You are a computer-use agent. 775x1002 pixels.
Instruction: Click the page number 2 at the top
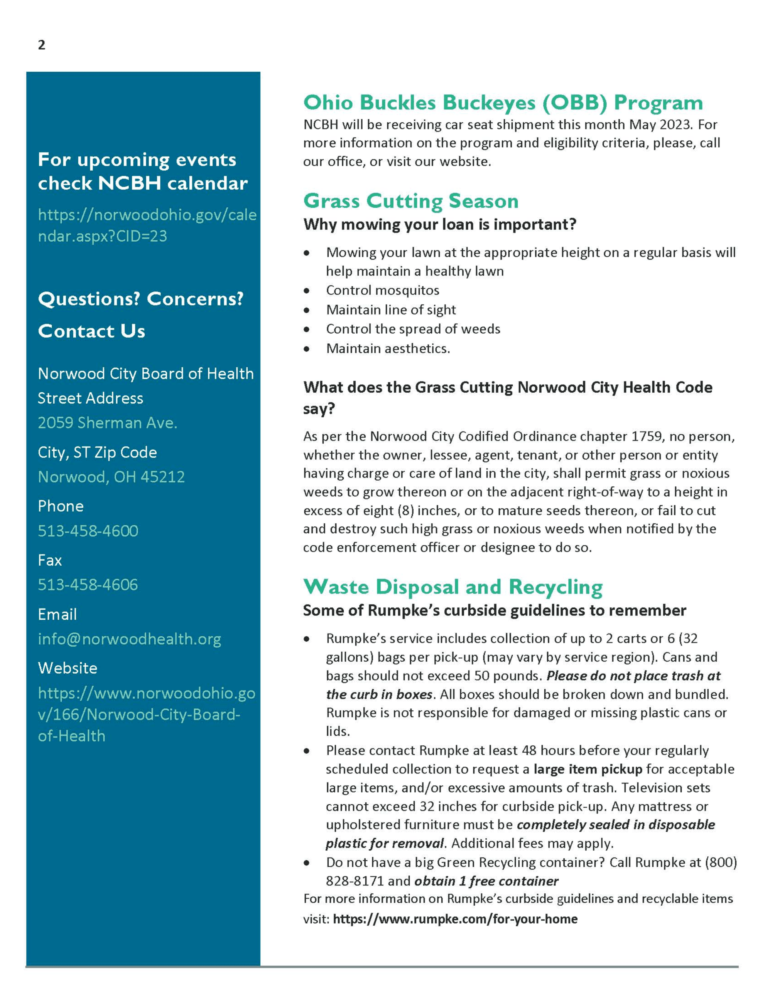[41, 45]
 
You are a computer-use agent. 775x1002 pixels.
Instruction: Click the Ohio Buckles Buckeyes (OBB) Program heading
[503, 103]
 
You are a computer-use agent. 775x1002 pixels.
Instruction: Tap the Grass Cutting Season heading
[410, 201]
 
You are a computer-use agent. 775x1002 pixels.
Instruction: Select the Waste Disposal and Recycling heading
[453, 587]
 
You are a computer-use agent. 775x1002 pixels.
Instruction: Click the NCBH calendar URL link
[147, 225]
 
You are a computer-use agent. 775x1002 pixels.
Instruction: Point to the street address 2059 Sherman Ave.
[107, 422]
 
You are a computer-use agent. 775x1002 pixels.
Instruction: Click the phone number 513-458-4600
[88, 531]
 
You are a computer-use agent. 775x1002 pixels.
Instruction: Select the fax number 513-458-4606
[88, 585]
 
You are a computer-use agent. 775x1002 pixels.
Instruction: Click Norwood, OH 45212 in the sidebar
[111, 477]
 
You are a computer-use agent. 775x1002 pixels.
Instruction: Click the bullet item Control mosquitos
[382, 291]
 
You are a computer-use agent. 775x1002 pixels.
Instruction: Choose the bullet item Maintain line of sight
[391, 310]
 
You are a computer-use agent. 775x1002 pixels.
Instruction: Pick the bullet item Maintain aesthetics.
[388, 349]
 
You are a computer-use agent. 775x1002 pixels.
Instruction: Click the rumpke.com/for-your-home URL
[455, 919]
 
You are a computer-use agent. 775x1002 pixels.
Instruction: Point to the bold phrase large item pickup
[588, 769]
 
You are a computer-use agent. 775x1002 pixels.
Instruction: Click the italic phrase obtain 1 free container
[486, 881]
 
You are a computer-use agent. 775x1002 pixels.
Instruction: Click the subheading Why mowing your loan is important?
[439, 224]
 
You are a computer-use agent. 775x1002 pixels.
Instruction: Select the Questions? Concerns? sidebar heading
[140, 299]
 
